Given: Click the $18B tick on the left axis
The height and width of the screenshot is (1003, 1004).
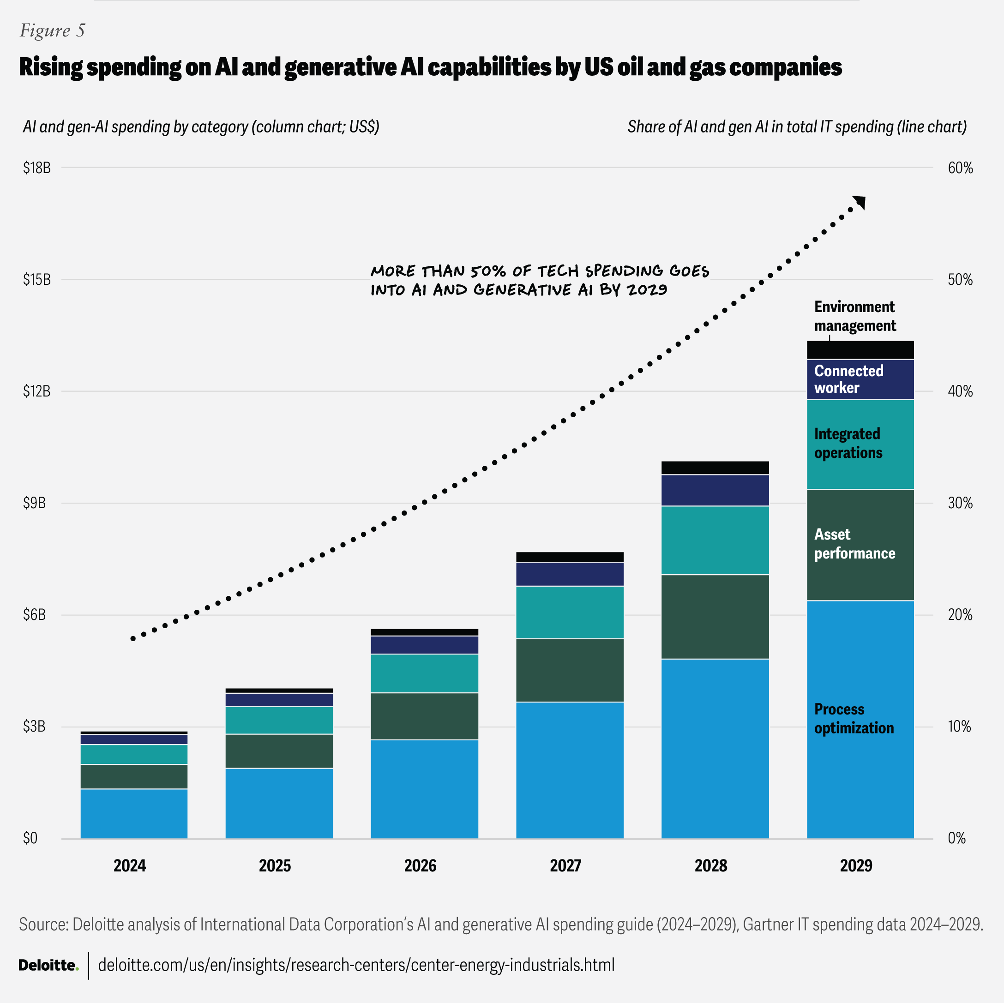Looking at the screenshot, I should (36, 168).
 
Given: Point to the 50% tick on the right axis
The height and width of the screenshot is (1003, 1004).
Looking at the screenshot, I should (960, 280).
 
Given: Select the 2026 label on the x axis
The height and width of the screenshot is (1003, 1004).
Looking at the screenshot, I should (421, 865).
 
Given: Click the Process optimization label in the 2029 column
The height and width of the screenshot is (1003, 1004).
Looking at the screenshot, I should (854, 718).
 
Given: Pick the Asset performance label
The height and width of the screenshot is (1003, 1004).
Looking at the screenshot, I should (854, 544).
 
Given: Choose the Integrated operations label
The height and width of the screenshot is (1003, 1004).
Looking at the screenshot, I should (848, 443).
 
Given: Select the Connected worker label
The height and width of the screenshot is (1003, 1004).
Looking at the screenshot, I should (848, 379).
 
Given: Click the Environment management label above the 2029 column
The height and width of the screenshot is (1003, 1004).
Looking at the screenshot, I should (854, 316).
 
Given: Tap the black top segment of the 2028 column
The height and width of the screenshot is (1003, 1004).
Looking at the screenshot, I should (715, 467).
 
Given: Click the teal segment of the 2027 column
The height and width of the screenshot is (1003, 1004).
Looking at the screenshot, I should (570, 612).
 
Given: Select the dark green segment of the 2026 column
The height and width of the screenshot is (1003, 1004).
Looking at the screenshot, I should (424, 715).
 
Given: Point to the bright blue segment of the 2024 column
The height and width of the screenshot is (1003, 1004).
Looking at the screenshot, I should (133, 813).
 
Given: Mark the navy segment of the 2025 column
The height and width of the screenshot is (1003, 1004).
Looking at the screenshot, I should (279, 699).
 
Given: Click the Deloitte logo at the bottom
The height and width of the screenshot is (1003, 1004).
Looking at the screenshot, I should (48, 965).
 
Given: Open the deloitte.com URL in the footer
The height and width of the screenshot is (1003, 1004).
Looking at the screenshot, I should (356, 965).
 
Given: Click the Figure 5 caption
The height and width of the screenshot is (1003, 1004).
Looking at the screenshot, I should (52, 30).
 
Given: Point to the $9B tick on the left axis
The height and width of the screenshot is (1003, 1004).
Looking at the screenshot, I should (34, 503).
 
